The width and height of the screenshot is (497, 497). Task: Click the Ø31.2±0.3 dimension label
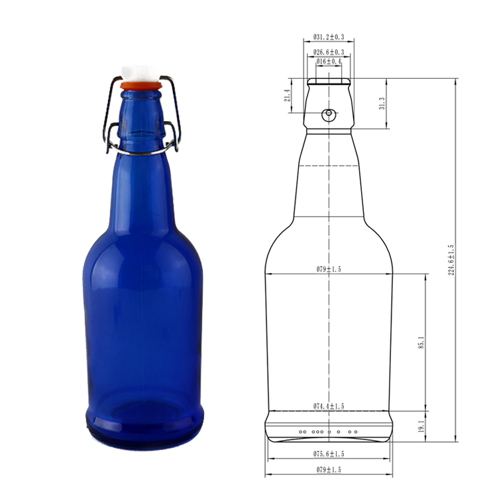tap(329, 36)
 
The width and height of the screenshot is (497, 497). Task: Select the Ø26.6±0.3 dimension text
tap(329, 52)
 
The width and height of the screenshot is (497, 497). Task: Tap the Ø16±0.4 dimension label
tap(329, 61)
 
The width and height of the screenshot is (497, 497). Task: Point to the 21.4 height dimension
tap(287, 95)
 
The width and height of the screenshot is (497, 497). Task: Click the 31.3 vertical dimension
tap(382, 103)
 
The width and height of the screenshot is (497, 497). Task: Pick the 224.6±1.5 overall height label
tap(451, 260)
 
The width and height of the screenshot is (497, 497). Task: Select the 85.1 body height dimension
tap(421, 343)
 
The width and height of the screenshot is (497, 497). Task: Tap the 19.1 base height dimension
tap(421, 426)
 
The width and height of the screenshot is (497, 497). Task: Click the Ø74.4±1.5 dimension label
tap(329, 406)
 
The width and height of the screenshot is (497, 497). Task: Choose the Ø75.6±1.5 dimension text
tap(329, 453)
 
